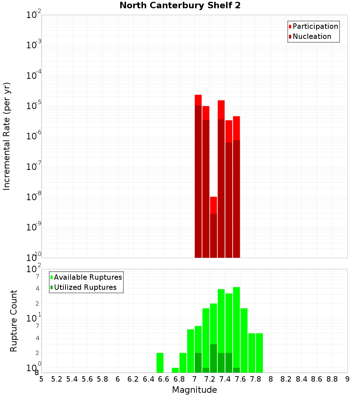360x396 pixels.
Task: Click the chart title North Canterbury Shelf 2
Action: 180,6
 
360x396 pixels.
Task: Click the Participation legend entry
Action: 315,26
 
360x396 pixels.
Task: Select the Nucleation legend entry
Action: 311,36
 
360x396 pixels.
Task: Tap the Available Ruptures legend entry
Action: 87,277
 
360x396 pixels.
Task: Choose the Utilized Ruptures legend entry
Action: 85,287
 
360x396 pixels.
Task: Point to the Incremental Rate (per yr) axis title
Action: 7,136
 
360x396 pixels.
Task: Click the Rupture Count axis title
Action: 14,321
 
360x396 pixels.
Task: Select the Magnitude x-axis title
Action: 194,390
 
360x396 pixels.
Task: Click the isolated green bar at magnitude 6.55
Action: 160,363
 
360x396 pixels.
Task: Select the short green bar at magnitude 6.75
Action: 175,370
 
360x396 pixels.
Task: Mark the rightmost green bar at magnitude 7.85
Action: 259,353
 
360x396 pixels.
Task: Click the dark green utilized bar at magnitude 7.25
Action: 213,358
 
